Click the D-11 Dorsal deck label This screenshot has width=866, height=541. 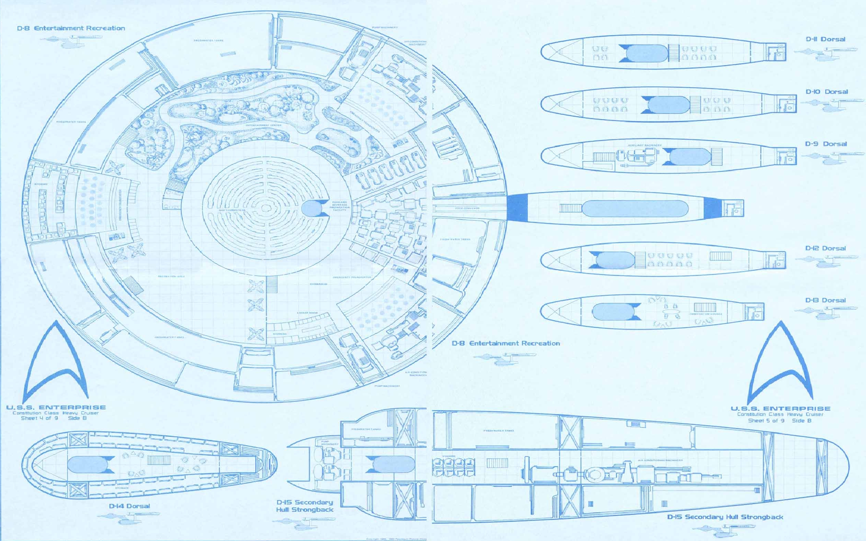click(x=825, y=39)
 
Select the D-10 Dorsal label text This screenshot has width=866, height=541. click(x=827, y=92)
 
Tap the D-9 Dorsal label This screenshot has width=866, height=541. click(x=826, y=144)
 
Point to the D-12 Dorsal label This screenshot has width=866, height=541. click(x=825, y=248)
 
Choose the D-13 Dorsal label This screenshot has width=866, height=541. click(x=825, y=301)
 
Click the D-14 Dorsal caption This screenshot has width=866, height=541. click(x=129, y=506)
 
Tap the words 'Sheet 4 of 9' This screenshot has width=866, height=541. click(x=39, y=418)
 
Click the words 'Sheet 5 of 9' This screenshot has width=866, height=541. click(x=766, y=421)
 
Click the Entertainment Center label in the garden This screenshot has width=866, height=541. click(x=264, y=126)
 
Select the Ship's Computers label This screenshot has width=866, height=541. click(x=232, y=210)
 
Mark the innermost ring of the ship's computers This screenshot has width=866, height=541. click(x=265, y=208)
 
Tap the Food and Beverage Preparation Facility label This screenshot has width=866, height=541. click(x=339, y=206)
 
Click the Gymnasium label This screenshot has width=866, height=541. click(x=318, y=284)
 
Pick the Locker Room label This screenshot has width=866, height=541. click(x=307, y=313)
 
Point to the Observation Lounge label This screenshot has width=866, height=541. click(x=706, y=314)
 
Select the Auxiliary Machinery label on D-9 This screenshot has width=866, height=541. click(x=645, y=145)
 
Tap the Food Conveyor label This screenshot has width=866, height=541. click(x=467, y=208)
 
